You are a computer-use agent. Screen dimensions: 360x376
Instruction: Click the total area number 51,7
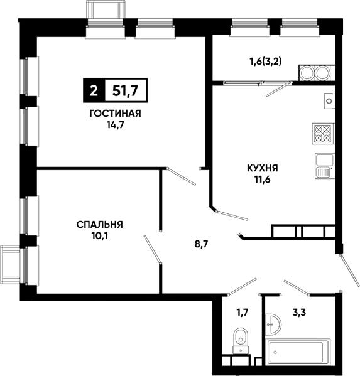125,90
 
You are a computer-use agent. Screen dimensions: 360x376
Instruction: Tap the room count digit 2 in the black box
94,91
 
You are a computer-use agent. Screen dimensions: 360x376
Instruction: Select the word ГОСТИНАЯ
115,114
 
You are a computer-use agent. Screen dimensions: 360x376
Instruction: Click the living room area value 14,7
116,125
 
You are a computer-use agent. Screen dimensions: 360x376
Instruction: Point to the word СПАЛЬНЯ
100,225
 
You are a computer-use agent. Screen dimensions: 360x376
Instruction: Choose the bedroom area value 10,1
100,236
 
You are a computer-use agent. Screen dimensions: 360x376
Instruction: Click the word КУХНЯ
263,168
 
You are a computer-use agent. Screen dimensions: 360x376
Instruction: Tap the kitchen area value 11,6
263,180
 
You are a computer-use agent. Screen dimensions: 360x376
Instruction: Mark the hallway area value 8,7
201,244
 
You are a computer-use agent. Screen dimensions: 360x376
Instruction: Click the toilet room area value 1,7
243,313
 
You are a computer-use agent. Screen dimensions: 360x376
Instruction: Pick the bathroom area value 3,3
299,313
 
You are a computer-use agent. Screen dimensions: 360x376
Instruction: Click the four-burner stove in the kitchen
323,134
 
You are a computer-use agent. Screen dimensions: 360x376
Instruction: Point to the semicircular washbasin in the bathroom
273,324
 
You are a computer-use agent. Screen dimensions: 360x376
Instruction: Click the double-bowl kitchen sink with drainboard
325,166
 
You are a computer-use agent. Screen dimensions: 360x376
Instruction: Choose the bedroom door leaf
152,249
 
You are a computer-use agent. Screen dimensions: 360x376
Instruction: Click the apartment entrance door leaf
350,271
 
